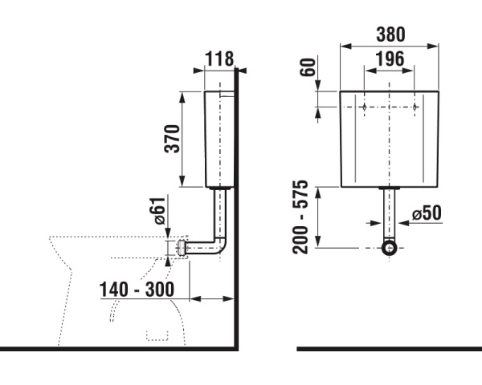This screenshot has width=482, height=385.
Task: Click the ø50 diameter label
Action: pyautogui.click(x=427, y=215)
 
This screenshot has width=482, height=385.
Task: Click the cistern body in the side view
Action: pyautogui.click(x=217, y=140)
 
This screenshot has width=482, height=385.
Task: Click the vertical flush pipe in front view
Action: pyautogui.click(x=390, y=213)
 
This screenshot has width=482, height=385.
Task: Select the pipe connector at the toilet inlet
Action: pyautogui.click(x=182, y=248)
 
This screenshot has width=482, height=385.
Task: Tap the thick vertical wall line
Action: pyautogui.click(x=238, y=209)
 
